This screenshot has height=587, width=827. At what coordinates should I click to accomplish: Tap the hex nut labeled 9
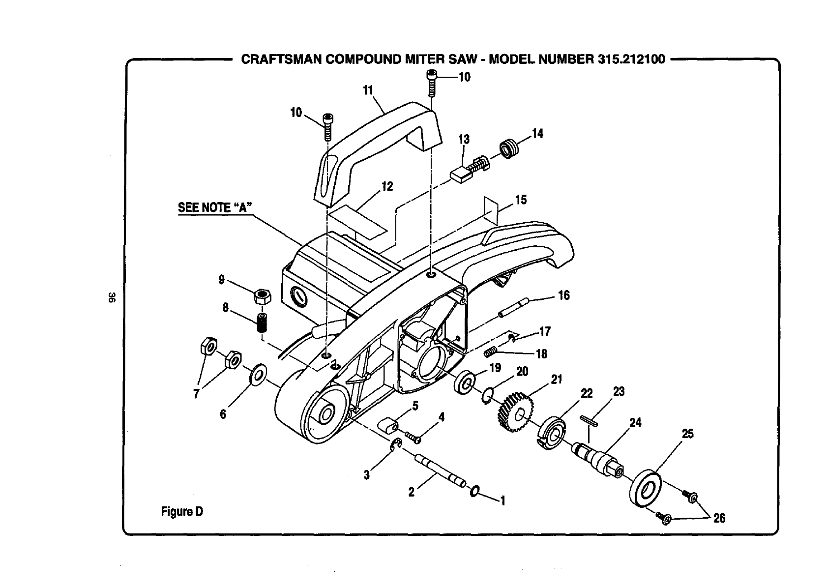pyautogui.click(x=263, y=297)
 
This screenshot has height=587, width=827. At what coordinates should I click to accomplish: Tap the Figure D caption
pyautogui.click(x=182, y=512)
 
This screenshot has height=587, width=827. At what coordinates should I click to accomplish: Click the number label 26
pyautogui.click(x=719, y=518)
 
